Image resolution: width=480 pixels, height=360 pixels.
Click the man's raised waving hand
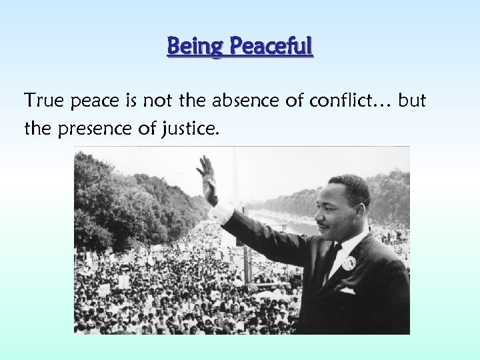(x=207, y=175)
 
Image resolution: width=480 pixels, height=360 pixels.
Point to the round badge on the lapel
(x=348, y=263)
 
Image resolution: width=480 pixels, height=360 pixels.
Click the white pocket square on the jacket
(x=347, y=291)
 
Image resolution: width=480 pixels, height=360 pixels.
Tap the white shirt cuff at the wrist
(x=220, y=212)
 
